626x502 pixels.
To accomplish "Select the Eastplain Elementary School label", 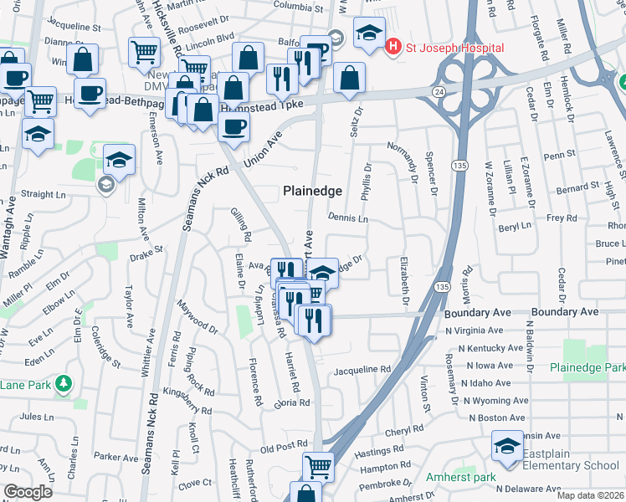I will point(571,466).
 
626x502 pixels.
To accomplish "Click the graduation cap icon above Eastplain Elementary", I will point(507,446).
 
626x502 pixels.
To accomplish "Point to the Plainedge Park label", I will point(588,367).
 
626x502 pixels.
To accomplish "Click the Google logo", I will point(28,492).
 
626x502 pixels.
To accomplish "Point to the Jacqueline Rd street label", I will point(363,369).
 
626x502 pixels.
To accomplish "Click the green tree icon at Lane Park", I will point(64,383).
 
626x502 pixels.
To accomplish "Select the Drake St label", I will point(146,252).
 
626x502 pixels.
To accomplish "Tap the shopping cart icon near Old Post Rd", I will point(318,465).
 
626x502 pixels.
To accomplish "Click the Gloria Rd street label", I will point(292,403).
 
